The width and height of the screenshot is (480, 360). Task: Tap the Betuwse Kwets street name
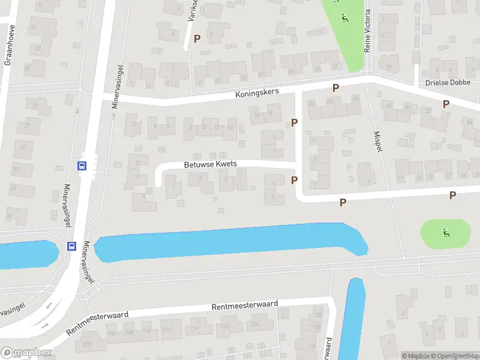coord(210,164)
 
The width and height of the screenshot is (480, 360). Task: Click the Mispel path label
coord(377,142)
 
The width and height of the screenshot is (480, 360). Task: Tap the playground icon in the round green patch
coord(445,233)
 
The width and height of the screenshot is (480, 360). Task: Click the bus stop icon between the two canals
coord(71,246)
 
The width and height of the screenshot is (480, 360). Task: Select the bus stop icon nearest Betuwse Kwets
coord(83,166)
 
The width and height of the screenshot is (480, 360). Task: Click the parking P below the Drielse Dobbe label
coord(446,104)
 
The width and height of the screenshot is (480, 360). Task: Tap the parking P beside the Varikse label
coord(197,38)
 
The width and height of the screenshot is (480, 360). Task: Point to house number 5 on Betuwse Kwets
coord(200,176)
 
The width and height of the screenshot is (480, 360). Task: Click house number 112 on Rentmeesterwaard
coord(167,329)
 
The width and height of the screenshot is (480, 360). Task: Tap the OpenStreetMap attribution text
coord(454,356)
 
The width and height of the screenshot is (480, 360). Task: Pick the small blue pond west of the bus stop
coord(27,253)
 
